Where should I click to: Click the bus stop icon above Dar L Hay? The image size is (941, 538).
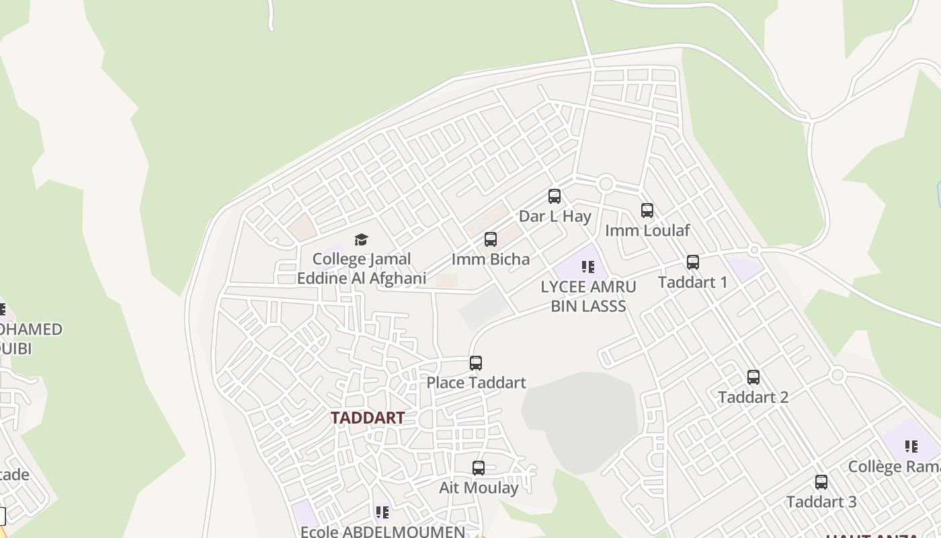[555, 196]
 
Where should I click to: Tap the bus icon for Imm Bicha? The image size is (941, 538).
[491, 239]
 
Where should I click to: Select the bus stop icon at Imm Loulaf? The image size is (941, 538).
[647, 210]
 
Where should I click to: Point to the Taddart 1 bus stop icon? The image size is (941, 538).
[693, 262]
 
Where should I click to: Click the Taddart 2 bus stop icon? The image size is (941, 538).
[753, 377]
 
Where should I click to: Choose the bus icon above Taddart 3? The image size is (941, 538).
[821, 482]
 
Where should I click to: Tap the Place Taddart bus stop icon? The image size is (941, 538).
[476, 363]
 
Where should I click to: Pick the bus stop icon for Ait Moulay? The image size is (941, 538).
[479, 468]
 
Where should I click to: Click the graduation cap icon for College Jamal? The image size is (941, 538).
[362, 239]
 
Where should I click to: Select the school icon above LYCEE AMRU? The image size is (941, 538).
[589, 267]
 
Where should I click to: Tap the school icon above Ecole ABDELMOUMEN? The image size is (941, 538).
[382, 512]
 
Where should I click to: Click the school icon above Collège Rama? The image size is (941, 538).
[911, 447]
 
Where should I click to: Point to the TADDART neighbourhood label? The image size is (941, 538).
[368, 418]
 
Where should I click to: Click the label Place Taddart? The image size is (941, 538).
[476, 383]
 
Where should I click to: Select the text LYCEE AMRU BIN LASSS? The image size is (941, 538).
[588, 297]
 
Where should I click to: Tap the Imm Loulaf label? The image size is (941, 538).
[647, 231]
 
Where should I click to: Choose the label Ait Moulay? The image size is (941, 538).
[479, 488]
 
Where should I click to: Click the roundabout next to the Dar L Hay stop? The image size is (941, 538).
[606, 183]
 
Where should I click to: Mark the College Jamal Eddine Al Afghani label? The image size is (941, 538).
[362, 268]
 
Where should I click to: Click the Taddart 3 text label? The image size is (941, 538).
[821, 502]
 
